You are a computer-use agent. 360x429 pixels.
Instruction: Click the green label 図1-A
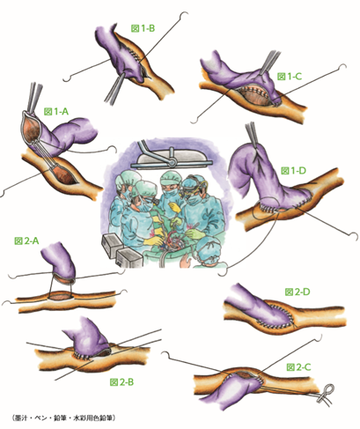[56, 111]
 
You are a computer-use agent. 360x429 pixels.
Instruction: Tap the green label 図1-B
[143, 28]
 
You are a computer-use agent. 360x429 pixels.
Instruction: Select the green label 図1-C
[290, 77]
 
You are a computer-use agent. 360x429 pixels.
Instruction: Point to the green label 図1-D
[293, 170]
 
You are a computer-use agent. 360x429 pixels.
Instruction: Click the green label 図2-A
[26, 240]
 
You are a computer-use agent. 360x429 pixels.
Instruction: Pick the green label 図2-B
[121, 382]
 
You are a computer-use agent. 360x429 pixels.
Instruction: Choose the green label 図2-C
[298, 367]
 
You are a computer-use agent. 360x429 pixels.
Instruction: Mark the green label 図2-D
[298, 292]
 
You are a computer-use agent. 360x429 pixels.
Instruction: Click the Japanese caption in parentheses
[64, 418]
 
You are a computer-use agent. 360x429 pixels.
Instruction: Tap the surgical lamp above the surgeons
[171, 157]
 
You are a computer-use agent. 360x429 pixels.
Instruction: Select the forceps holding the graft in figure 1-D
[253, 136]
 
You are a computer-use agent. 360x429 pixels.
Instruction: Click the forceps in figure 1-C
[269, 63]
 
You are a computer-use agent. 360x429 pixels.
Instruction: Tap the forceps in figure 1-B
[116, 88]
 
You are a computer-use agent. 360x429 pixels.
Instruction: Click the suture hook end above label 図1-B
[184, 14]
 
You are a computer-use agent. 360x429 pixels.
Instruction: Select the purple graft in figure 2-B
[87, 337]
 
